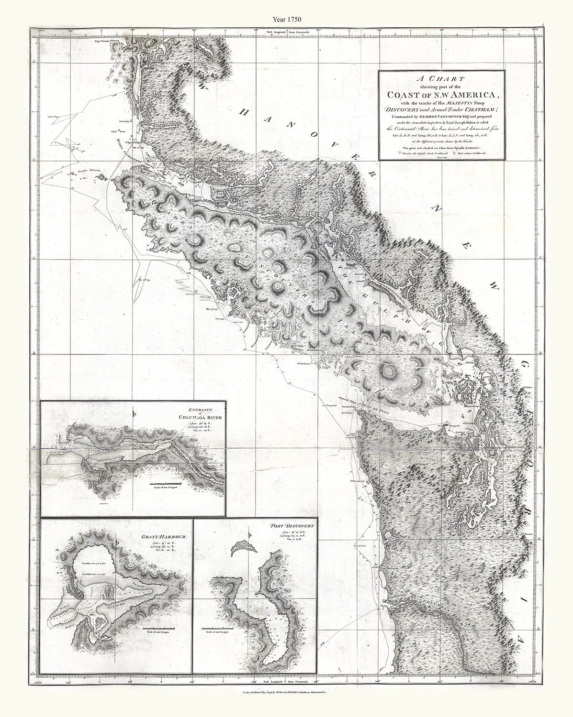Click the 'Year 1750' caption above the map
(286, 20)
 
